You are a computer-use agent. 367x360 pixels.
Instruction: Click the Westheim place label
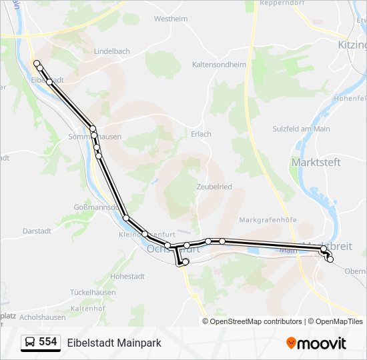(171, 19)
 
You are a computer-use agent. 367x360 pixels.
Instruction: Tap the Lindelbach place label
(112, 51)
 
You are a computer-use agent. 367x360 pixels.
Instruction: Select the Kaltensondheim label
(219, 65)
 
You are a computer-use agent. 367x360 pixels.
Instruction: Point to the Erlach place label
(201, 134)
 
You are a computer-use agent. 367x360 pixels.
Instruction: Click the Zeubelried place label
(214, 187)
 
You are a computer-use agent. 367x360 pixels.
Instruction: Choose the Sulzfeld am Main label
(302, 129)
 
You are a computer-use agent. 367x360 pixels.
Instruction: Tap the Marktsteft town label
(316, 162)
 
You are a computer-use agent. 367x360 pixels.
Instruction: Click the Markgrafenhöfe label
(268, 220)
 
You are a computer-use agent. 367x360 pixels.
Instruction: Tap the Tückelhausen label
(93, 292)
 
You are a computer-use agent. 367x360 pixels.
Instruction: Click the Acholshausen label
(43, 317)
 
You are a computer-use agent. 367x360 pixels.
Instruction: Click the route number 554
(48, 342)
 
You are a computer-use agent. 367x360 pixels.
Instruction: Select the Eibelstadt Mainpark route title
(114, 343)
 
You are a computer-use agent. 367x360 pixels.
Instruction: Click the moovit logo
(316, 343)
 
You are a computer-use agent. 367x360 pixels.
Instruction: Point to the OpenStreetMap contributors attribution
(256, 321)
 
